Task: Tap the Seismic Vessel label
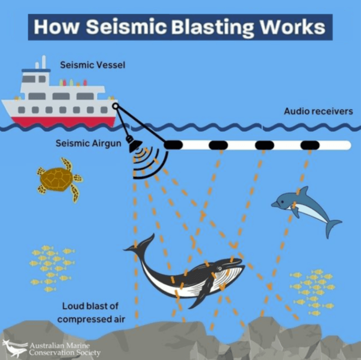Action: [93, 64]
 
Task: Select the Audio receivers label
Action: [318, 111]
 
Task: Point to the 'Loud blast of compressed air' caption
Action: [91, 312]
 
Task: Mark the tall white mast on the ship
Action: [43, 63]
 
